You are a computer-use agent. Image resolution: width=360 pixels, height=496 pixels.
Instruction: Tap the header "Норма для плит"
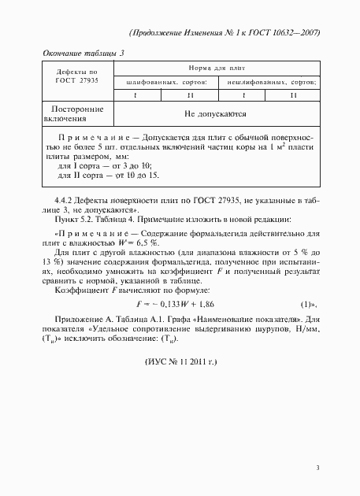click(214, 69)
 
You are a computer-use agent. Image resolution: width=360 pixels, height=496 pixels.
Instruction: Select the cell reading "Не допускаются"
click(214, 114)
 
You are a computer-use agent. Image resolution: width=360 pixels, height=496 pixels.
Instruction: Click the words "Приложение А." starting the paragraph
click(73, 319)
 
